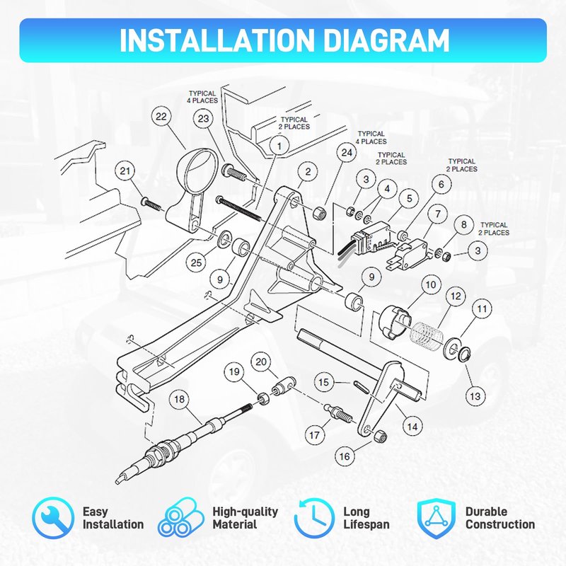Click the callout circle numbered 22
[x=161, y=117]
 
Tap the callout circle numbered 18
[x=180, y=399]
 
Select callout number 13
[x=475, y=396]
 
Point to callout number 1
[x=279, y=146]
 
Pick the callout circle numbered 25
[x=196, y=262]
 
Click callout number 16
[x=345, y=456]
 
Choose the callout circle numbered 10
[x=431, y=285]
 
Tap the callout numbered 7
[x=438, y=214]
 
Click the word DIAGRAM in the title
[x=386, y=40]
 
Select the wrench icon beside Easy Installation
[x=53, y=518]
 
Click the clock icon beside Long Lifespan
[x=314, y=518]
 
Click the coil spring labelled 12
[x=427, y=336]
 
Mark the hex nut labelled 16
[x=381, y=436]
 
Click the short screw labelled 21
[x=151, y=204]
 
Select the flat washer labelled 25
[x=226, y=238]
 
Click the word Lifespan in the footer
[x=366, y=524]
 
